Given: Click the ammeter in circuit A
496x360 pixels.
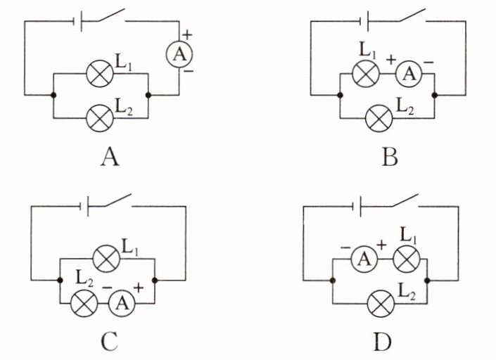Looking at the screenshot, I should [x=179, y=53].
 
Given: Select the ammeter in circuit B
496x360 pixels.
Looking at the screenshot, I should [x=407, y=72].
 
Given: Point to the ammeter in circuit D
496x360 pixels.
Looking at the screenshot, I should [x=364, y=259].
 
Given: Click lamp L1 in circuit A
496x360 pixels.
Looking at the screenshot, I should [x=98, y=72].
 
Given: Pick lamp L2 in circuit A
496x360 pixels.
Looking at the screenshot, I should [x=98, y=117].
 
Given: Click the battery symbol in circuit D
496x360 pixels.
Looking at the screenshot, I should [x=358, y=207].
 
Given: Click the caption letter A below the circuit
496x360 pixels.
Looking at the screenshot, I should [x=109, y=156].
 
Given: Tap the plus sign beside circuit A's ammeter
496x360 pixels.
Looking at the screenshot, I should [x=187, y=34].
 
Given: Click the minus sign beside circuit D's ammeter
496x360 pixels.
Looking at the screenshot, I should [x=345, y=247].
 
